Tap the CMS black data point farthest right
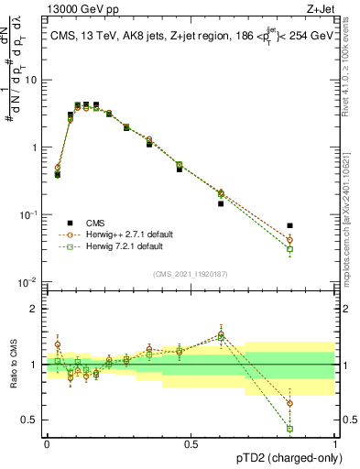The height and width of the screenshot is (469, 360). point(315,225)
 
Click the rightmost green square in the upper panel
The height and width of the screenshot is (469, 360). point(315,249)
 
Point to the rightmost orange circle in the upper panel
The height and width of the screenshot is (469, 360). point(315,241)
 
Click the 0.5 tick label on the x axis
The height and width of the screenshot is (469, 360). point(191,442)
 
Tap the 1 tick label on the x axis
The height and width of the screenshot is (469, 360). point(335,442)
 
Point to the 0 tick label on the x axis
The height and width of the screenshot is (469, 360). point(47,442)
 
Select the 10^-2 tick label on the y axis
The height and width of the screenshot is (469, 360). point(29,282)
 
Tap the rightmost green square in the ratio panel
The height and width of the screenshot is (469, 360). point(315,428)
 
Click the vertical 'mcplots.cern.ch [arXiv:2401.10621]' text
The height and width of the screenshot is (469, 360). point(348,202)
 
